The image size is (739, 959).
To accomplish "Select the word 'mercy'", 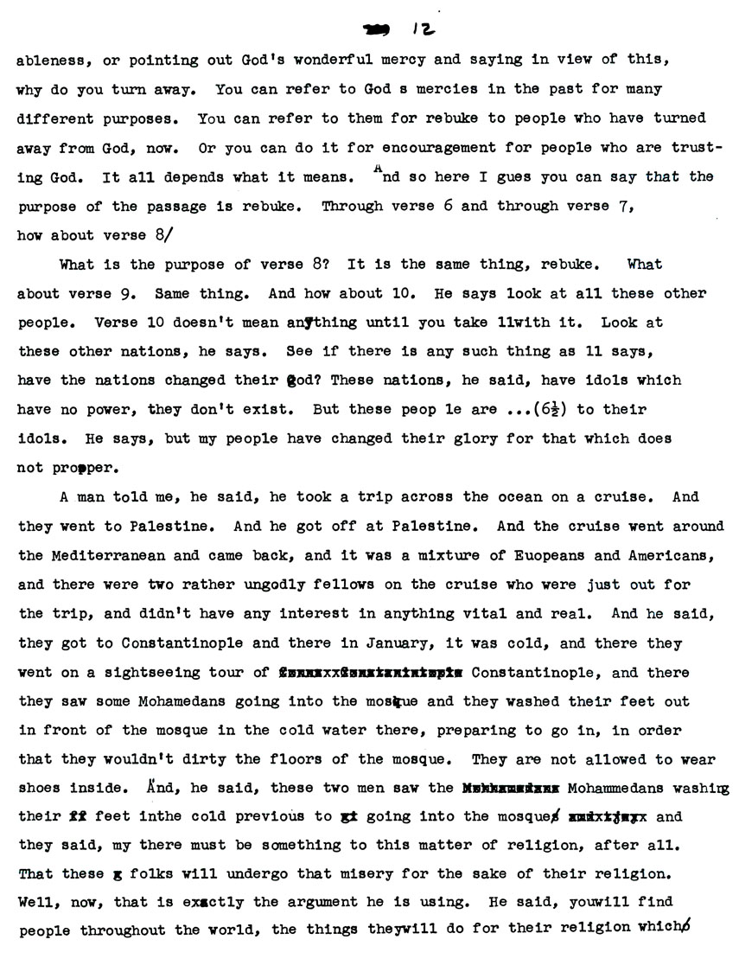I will pos(411,62).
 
